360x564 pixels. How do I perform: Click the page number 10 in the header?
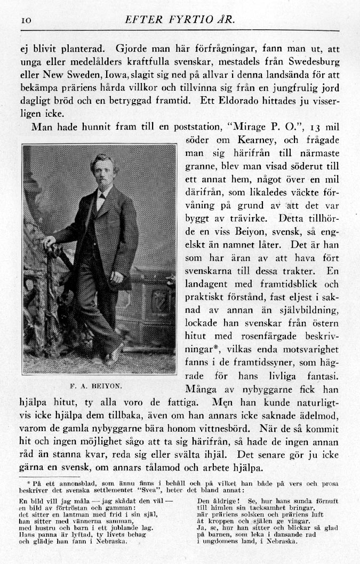pos(26,20)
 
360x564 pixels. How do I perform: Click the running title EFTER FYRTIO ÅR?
pos(179,20)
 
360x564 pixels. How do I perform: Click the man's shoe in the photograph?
pos(114,356)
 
